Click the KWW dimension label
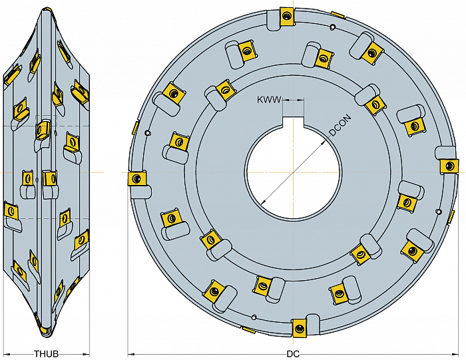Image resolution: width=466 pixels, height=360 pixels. (x=269, y=100)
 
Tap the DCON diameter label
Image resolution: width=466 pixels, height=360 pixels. (x=341, y=125)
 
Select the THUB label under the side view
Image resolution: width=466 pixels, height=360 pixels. (x=47, y=354)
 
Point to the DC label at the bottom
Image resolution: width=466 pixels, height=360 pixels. (x=293, y=354)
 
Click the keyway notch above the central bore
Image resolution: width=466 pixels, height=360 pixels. (x=293, y=121)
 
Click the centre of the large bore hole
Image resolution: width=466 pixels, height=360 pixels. (x=293, y=172)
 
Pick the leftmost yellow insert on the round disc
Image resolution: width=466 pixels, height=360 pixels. (x=136, y=178)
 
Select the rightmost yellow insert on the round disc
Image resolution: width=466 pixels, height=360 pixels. (x=449, y=166)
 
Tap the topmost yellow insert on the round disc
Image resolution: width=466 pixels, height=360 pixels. (x=286, y=15)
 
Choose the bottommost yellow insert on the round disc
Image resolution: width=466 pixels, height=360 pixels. (x=299, y=328)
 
